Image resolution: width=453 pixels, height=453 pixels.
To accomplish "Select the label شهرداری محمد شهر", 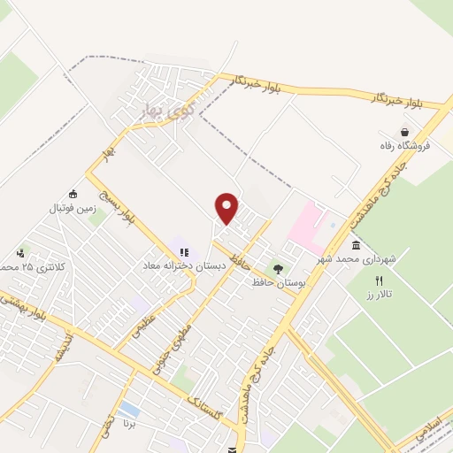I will coord(358,261).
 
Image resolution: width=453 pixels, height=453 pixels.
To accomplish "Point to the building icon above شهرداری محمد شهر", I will coord(356,245).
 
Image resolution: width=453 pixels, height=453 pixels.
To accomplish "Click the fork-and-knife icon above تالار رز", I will coord(380,280).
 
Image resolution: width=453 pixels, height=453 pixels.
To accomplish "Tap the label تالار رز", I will coord(378,294).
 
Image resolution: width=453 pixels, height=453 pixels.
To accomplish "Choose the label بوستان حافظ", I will coord(279,282).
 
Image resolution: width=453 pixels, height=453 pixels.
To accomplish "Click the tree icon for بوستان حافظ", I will coord(279,268).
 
